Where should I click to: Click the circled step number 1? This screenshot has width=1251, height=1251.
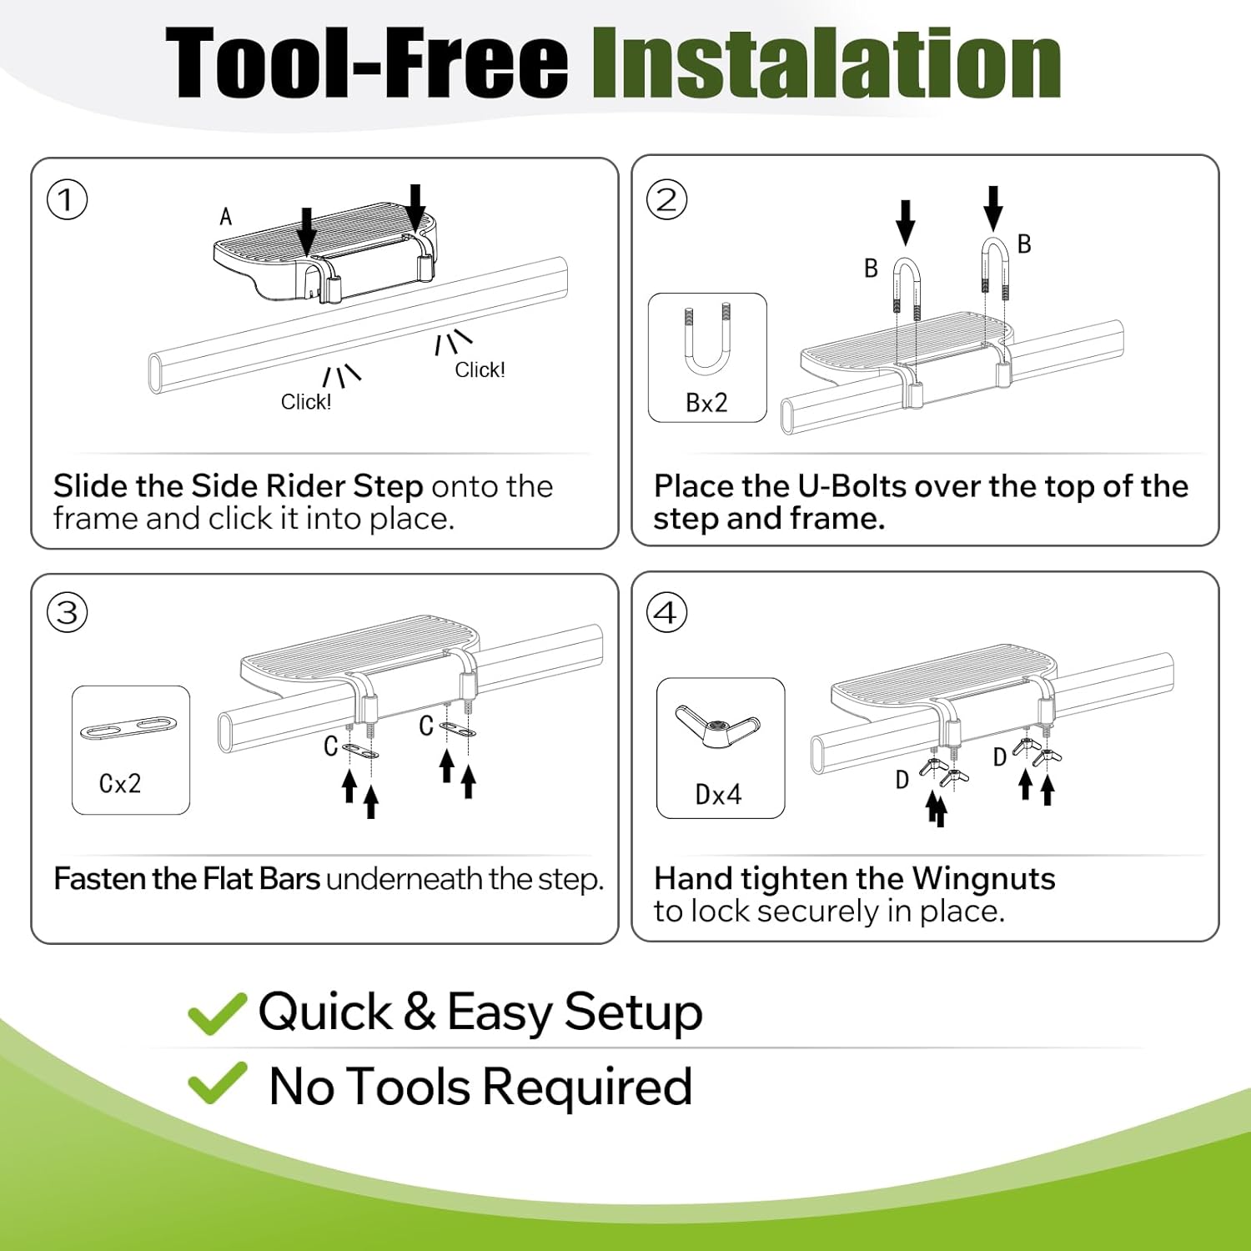pyautogui.click(x=68, y=200)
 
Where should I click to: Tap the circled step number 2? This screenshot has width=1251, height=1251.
pyautogui.click(x=666, y=200)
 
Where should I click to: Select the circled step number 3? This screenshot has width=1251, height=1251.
pyautogui.click(x=68, y=613)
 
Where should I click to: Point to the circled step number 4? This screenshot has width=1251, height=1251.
pyautogui.click(x=666, y=613)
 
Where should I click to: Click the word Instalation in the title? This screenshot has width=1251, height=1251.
pyautogui.click(x=826, y=63)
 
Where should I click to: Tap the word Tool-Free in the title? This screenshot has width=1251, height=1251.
pyautogui.click(x=367, y=63)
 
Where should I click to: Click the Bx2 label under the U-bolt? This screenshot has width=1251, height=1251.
pyautogui.click(x=706, y=403)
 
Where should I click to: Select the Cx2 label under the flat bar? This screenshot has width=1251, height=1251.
pyautogui.click(x=120, y=784)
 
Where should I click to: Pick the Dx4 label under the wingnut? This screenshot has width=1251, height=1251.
pyautogui.click(x=718, y=795)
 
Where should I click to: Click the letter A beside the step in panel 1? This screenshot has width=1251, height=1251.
pyautogui.click(x=225, y=217)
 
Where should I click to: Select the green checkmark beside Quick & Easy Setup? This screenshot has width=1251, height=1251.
pyautogui.click(x=217, y=1013)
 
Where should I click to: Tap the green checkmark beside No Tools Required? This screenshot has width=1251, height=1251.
pyautogui.click(x=217, y=1083)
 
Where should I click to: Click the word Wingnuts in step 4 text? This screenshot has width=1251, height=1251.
pyautogui.click(x=983, y=879)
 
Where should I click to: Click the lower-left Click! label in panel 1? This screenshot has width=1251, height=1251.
pyautogui.click(x=306, y=402)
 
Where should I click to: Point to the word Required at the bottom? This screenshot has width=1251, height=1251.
pyautogui.click(x=587, y=1087)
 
